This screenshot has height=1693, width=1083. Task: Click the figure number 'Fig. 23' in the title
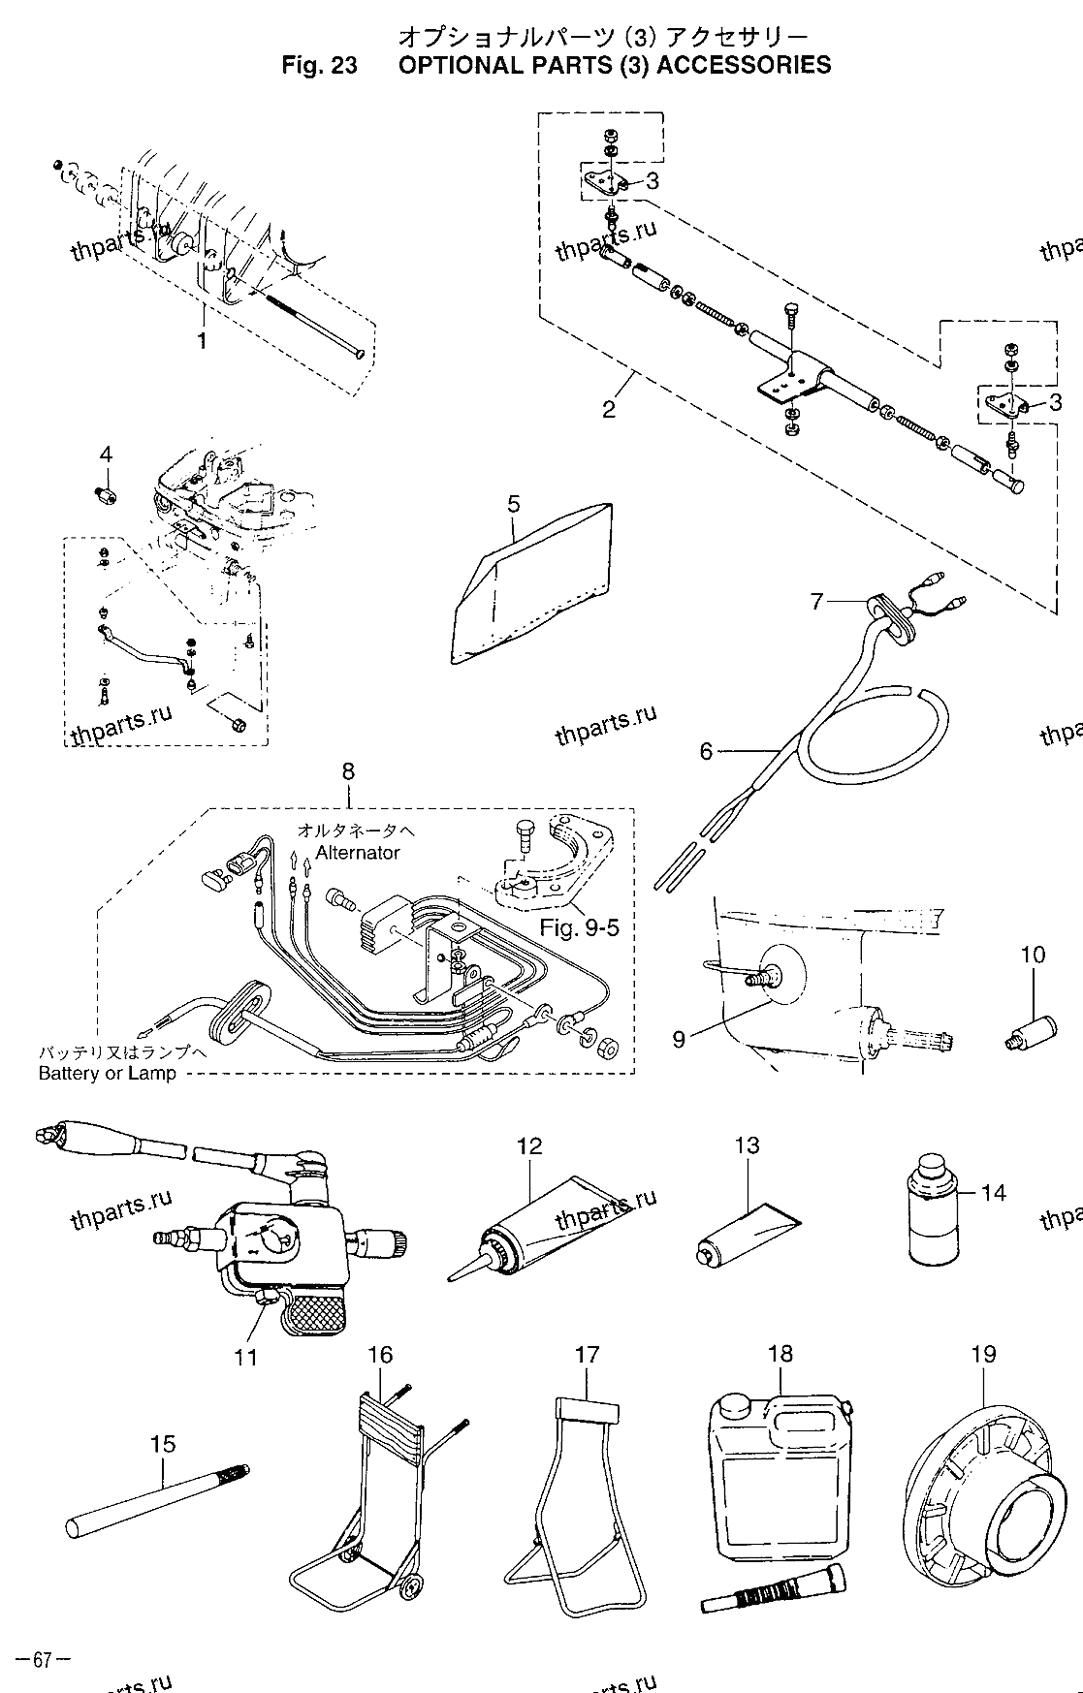(x=319, y=66)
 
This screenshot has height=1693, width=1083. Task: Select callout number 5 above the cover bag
(x=513, y=503)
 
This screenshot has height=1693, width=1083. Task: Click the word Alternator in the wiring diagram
(x=357, y=853)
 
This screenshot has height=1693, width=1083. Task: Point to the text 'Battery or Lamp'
(x=107, y=1073)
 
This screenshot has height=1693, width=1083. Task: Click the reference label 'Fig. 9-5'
(x=579, y=928)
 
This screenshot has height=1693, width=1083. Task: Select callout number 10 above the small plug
(x=1032, y=955)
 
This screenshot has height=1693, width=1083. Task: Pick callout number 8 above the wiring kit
(x=348, y=772)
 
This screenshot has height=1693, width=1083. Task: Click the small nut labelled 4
(x=106, y=494)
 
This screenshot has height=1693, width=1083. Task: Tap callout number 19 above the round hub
(x=982, y=1354)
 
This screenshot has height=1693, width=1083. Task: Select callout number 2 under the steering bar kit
(x=608, y=409)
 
